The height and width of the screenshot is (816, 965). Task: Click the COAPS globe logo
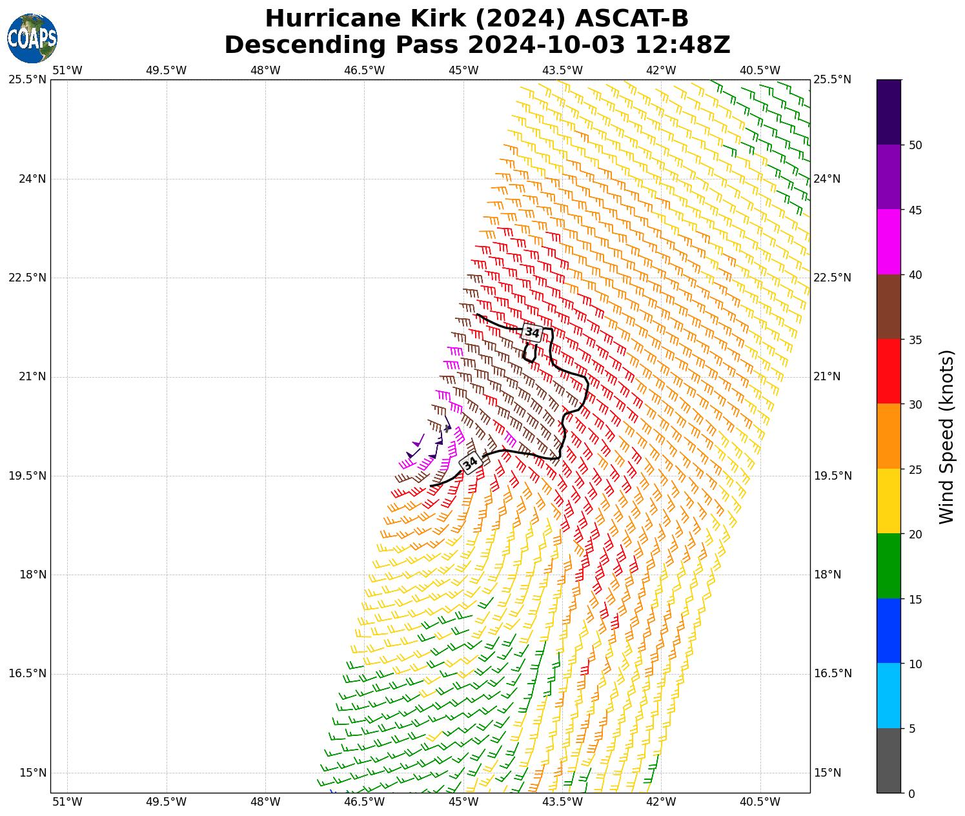32,38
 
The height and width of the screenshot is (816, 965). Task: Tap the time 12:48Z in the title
682,45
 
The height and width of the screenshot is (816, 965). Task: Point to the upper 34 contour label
532,332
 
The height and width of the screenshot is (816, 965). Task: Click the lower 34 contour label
470,463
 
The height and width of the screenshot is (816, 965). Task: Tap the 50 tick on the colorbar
915,145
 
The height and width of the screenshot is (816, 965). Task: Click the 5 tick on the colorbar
911,729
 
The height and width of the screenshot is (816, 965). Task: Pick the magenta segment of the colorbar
889,242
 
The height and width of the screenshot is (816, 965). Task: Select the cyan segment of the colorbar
889,696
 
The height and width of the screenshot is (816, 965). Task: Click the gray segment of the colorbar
889,760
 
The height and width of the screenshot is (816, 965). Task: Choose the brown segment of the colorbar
889,307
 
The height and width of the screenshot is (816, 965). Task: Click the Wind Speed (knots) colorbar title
946,437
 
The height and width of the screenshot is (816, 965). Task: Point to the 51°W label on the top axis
67,70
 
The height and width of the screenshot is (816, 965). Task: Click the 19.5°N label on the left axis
27,476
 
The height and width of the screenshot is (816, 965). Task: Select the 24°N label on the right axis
828,179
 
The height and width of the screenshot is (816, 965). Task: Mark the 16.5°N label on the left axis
27,674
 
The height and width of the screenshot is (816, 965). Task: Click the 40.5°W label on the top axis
760,70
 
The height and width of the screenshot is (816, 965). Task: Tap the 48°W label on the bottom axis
265,802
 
